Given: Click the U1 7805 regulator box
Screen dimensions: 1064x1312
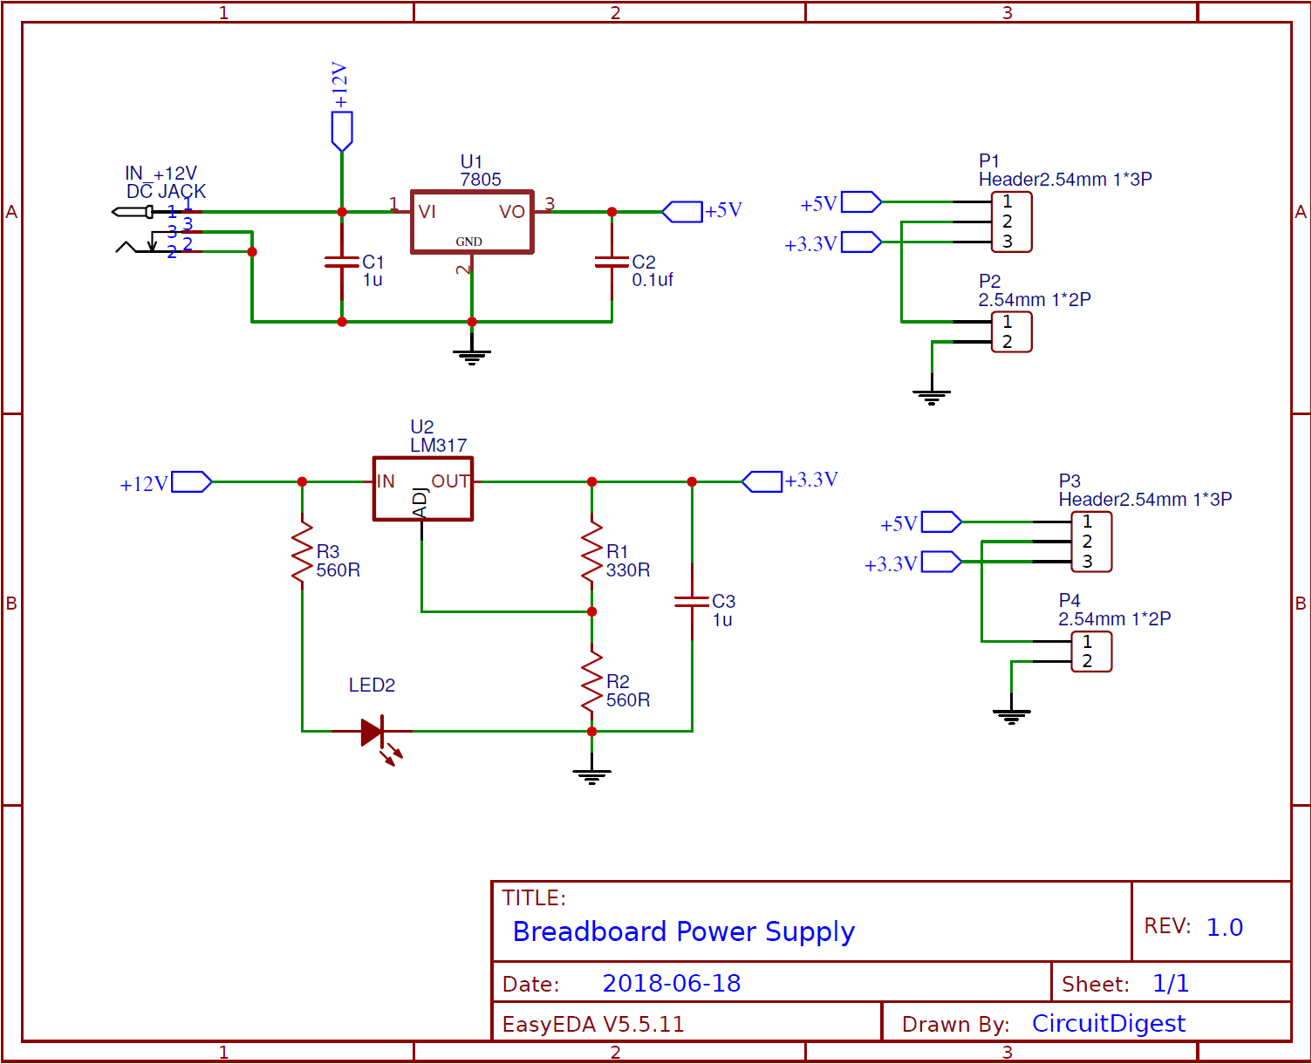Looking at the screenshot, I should [472, 222].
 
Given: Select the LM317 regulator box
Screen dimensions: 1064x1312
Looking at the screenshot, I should [423, 489].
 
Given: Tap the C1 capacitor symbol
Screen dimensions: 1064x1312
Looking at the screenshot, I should [342, 263].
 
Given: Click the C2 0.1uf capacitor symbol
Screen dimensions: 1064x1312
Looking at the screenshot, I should [612, 263].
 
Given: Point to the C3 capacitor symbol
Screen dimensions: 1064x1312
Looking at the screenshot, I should [692, 601].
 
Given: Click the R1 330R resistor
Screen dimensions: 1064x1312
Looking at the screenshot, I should [592, 552].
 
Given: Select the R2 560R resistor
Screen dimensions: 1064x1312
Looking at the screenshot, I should [592, 681].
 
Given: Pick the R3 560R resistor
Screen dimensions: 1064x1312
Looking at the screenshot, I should [302, 552].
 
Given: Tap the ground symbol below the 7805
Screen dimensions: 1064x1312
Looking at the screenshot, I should [472, 355].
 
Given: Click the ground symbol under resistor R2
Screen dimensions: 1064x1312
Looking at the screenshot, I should [592, 775].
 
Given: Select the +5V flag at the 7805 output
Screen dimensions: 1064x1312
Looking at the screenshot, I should [682, 212].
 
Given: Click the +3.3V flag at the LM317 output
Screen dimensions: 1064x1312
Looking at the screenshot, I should [762, 481].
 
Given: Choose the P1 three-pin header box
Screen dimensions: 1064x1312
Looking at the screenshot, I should [1012, 222].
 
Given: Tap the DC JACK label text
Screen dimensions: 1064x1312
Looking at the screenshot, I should [166, 192].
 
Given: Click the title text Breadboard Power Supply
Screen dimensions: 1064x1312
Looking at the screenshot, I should [683, 931].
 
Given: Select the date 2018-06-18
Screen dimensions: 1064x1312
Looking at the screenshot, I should [671, 984].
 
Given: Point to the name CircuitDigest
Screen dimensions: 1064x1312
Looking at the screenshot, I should [1108, 1024].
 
